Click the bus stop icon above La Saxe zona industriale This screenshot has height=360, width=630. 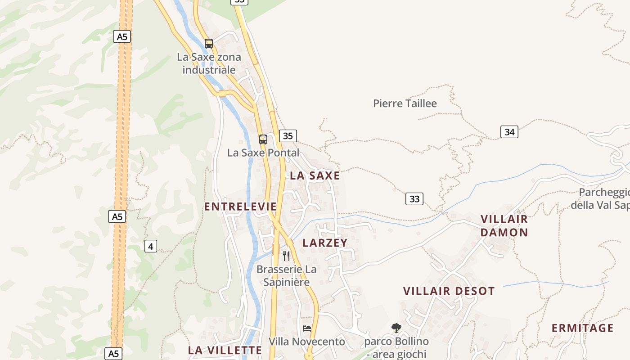click(x=209, y=44)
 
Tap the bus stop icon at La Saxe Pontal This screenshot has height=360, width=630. click(x=263, y=139)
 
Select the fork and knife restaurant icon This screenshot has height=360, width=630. click(x=286, y=256)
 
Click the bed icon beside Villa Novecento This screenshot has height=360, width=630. click(x=307, y=328)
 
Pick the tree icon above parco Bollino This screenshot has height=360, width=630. click(x=396, y=328)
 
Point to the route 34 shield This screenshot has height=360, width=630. click(x=509, y=132)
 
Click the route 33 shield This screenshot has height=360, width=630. click(x=414, y=198)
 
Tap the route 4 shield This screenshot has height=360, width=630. click(x=151, y=246)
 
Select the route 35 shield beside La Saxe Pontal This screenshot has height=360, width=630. click(x=288, y=135)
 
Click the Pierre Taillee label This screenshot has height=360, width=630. click(x=405, y=103)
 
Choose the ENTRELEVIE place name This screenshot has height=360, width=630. click(x=240, y=207)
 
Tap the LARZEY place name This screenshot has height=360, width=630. click(x=325, y=243)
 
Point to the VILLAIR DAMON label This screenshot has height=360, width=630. click(x=504, y=226)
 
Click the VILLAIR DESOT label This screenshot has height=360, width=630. click(x=449, y=291)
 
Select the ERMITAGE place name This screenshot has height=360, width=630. click(x=583, y=328)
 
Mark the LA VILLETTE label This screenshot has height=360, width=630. click(x=225, y=350)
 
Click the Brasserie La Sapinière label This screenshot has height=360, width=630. click(x=287, y=276)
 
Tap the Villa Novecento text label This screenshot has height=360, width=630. click(x=307, y=342)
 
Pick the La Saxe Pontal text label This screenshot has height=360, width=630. click(x=263, y=153)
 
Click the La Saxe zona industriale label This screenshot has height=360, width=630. click(x=209, y=63)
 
